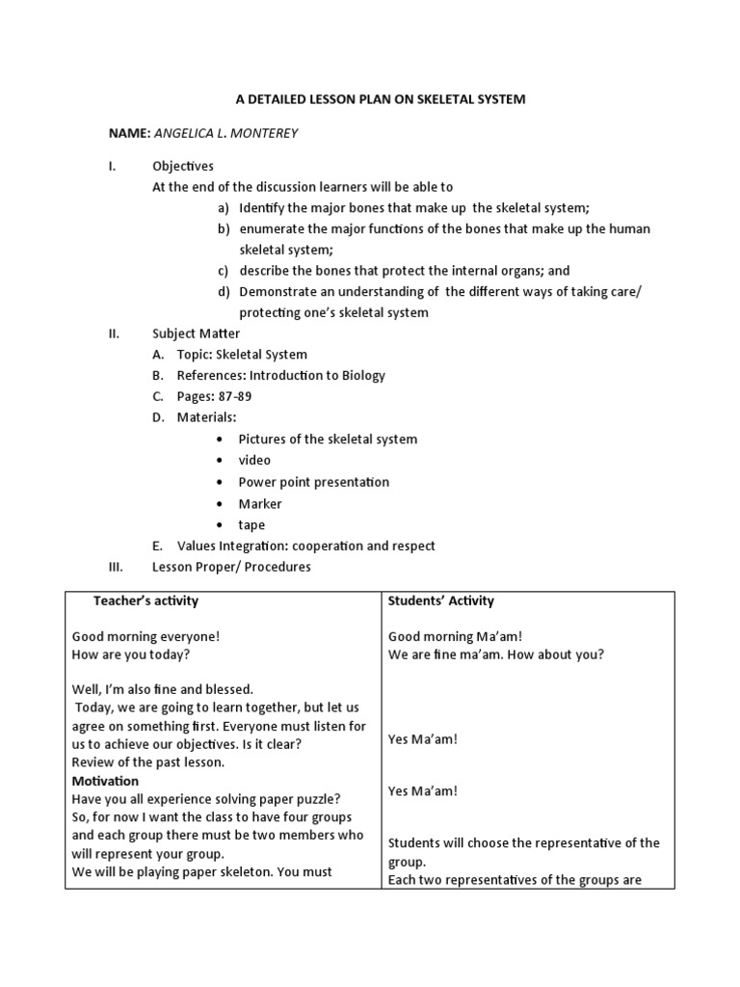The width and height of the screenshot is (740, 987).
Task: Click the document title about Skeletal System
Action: (x=381, y=99)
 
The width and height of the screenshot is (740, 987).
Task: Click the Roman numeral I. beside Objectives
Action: (x=112, y=166)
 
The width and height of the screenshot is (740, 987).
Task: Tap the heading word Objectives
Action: (x=183, y=166)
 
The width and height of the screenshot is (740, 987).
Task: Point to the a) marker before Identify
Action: (x=224, y=207)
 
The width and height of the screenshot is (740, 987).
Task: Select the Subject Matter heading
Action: (x=197, y=333)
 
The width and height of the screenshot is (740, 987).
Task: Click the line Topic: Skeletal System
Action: (x=242, y=355)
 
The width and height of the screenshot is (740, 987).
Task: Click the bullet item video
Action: (x=254, y=460)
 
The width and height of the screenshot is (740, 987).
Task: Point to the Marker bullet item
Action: (x=260, y=503)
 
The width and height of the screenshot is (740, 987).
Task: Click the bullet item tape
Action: (x=251, y=525)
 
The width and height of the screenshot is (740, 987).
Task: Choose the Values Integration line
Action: (x=305, y=546)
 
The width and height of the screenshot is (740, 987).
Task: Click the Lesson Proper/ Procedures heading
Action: (x=231, y=567)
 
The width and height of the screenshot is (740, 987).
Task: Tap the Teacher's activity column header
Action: (x=145, y=600)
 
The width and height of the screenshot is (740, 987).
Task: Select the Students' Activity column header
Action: (x=441, y=600)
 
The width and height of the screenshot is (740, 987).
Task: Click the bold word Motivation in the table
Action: (x=105, y=781)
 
